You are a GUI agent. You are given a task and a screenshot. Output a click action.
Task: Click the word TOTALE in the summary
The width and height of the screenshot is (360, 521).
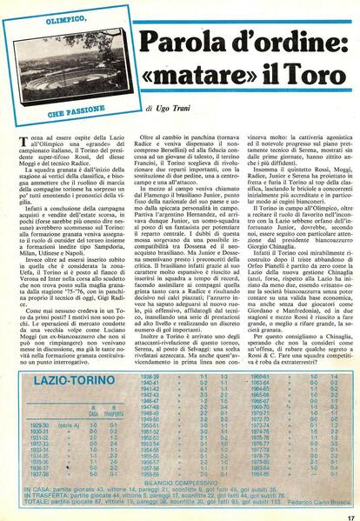coord(34,500)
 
